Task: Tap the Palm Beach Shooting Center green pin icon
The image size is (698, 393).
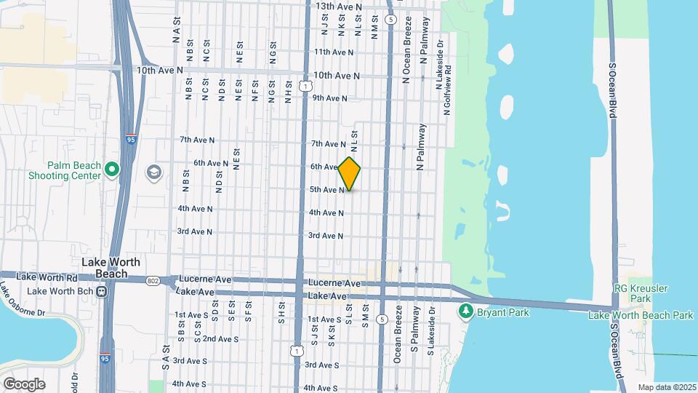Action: click(111, 170)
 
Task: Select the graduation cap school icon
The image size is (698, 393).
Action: click(154, 172)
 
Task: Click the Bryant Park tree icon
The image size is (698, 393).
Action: click(466, 312)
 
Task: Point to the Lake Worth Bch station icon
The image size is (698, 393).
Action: click(102, 291)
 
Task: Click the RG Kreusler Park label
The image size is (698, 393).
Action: click(640, 293)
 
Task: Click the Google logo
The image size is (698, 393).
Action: click(24, 384)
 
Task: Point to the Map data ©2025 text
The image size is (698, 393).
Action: click(665, 387)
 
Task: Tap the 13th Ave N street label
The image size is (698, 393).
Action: click(338, 7)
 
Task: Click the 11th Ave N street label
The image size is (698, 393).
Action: click(333, 52)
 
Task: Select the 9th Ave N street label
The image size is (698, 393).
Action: click(329, 98)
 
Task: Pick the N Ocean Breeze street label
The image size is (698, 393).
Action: click(407, 57)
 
